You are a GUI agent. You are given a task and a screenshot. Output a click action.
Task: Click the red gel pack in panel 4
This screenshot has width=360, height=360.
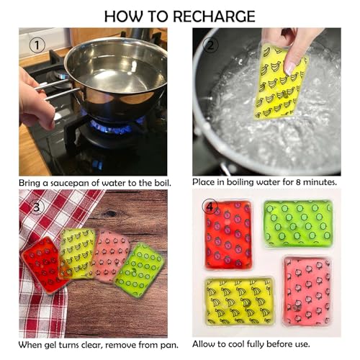228,235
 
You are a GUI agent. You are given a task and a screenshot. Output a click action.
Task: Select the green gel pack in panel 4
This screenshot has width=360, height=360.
297,223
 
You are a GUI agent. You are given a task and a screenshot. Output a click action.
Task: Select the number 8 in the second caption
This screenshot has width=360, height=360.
295,182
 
